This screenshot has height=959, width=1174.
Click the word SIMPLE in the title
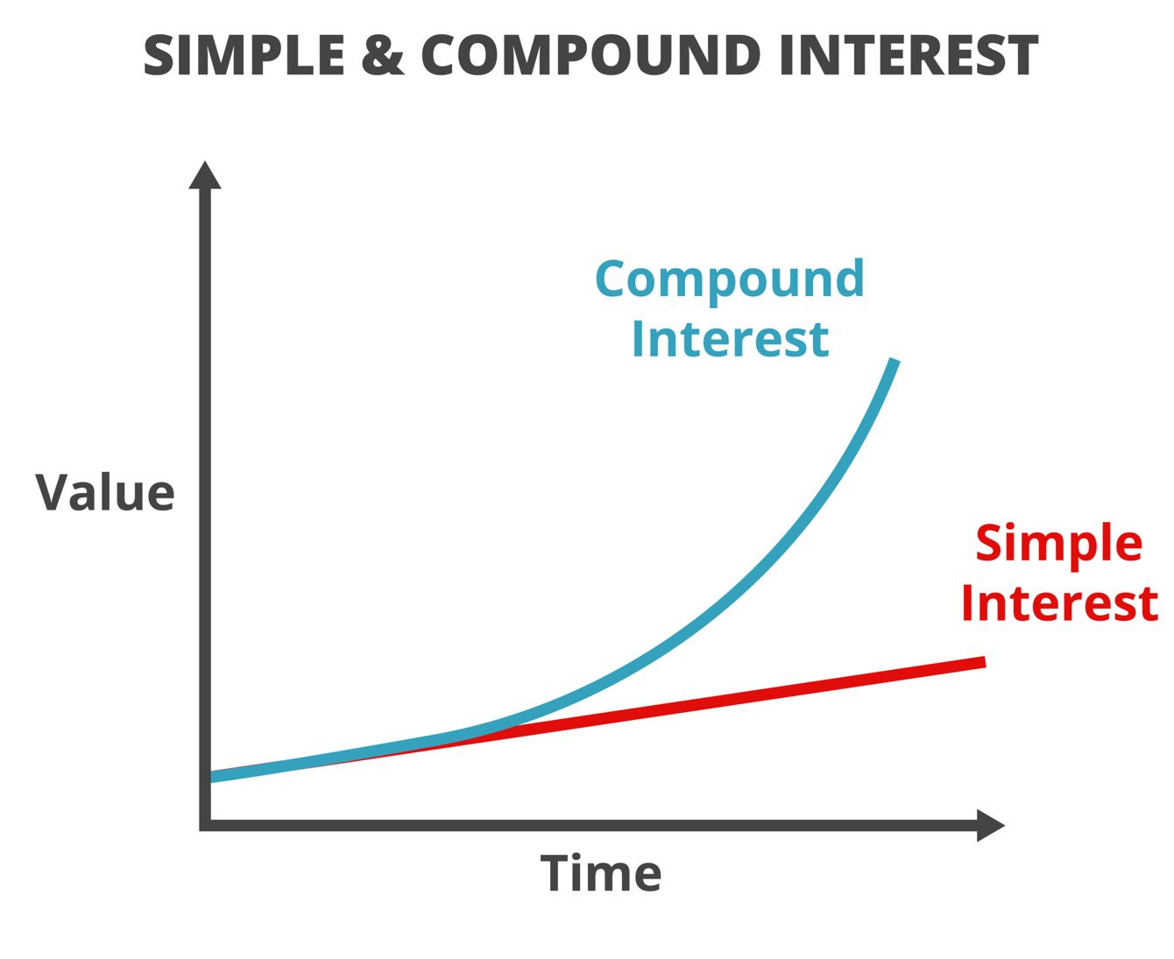pos(244,55)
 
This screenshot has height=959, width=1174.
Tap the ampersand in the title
pos(382,55)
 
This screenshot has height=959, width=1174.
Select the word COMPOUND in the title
pos(591,55)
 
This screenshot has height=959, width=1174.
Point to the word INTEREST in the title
pos(909,55)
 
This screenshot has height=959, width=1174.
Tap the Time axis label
pos(601,872)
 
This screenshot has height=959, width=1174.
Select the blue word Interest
pos(731,339)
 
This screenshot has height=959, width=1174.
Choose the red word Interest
pos(1060,603)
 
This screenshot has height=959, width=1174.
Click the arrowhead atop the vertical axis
pos(205,175)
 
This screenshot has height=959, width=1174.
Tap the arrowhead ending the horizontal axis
pos(991,825)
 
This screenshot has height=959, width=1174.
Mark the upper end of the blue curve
pos(894,361)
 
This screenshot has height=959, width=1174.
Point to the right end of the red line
pos(985,662)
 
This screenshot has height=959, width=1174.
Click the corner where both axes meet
pos(205,825)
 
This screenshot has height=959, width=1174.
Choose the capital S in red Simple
pos(990,541)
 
